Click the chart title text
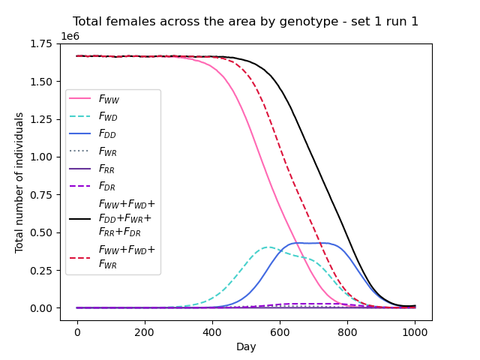(x=246, y=22)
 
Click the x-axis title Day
(x=246, y=346)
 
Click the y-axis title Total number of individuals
(x=19, y=182)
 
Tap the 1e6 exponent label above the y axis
(x=71, y=36)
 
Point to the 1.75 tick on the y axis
(x=43, y=44)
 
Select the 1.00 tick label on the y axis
(x=43, y=157)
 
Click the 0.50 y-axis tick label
(x=43, y=233)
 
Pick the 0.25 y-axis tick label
(x=43, y=271)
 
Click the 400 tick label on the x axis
(x=212, y=331)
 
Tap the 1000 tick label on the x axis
(x=415, y=331)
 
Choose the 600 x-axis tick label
(x=280, y=331)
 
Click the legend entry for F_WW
(x=109, y=99)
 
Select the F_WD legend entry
(x=109, y=117)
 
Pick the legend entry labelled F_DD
(x=109, y=134)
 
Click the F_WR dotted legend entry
(x=109, y=151)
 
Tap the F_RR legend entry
(x=109, y=169)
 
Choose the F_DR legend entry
(x=109, y=186)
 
